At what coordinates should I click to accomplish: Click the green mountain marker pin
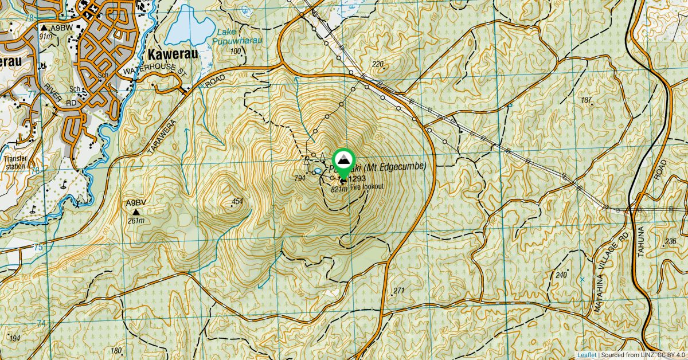pyautogui.click(x=343, y=162)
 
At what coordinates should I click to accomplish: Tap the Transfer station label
pyautogui.click(x=15, y=163)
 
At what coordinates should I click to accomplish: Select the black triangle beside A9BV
pyautogui.click(x=136, y=212)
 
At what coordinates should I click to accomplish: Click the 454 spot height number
pyautogui.click(x=237, y=201)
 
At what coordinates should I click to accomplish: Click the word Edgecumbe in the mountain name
pyautogui.click(x=402, y=167)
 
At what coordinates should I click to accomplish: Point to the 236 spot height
pyautogui.click(x=670, y=241)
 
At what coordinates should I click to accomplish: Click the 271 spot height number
pyautogui.click(x=399, y=291)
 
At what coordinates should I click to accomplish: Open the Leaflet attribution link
pyautogui.click(x=586, y=355)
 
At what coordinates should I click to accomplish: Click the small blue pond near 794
pyautogui.click(x=316, y=171)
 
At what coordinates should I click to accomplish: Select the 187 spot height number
pyautogui.click(x=586, y=100)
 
